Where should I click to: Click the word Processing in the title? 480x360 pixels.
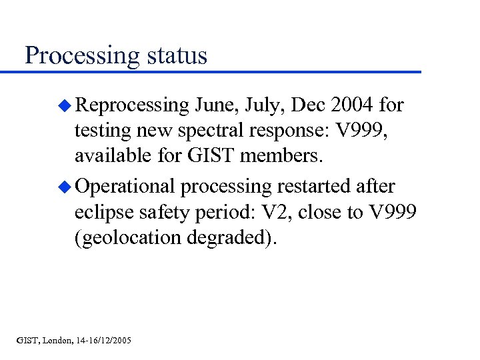click(79, 55)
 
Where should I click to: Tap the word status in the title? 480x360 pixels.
click(174, 55)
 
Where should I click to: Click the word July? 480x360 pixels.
click(268, 105)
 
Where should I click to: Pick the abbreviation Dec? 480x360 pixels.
click(311, 105)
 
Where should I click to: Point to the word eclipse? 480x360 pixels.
click(105, 213)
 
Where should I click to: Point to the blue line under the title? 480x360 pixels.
click(220, 71)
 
